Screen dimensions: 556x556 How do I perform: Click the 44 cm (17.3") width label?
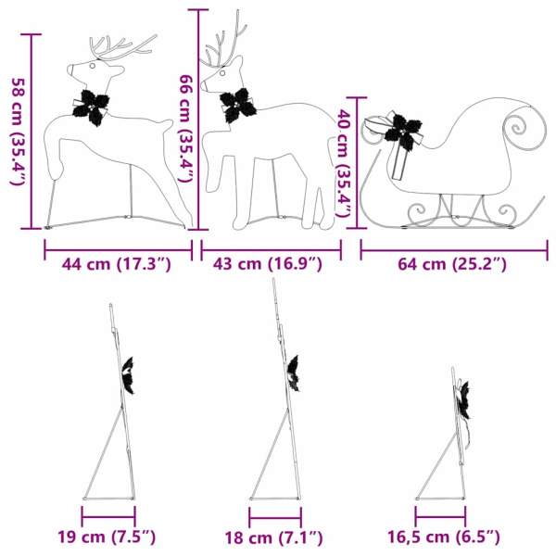pyautogui.click(x=117, y=265)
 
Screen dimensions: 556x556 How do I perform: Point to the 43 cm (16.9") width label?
pyautogui.click(x=268, y=265)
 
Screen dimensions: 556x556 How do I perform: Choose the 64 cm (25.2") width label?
pyautogui.click(x=451, y=265)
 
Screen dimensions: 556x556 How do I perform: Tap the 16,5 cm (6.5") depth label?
pyautogui.click(x=444, y=537)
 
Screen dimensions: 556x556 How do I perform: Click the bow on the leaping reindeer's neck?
pyautogui.click(x=92, y=105)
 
